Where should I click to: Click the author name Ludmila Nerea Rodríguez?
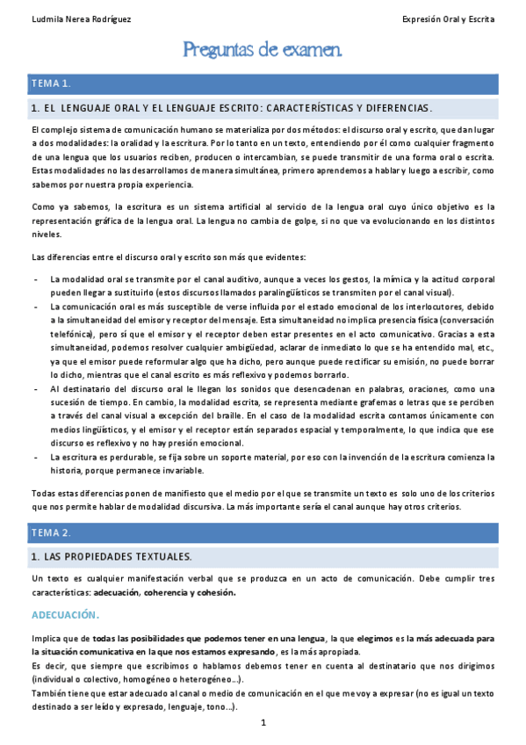(x=68, y=18)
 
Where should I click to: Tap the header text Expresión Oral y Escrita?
(x=448, y=18)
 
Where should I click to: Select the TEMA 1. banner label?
(x=51, y=83)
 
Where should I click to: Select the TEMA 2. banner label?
(x=51, y=532)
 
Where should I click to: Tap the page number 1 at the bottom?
(x=263, y=722)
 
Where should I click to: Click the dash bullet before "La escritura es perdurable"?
(x=34, y=458)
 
